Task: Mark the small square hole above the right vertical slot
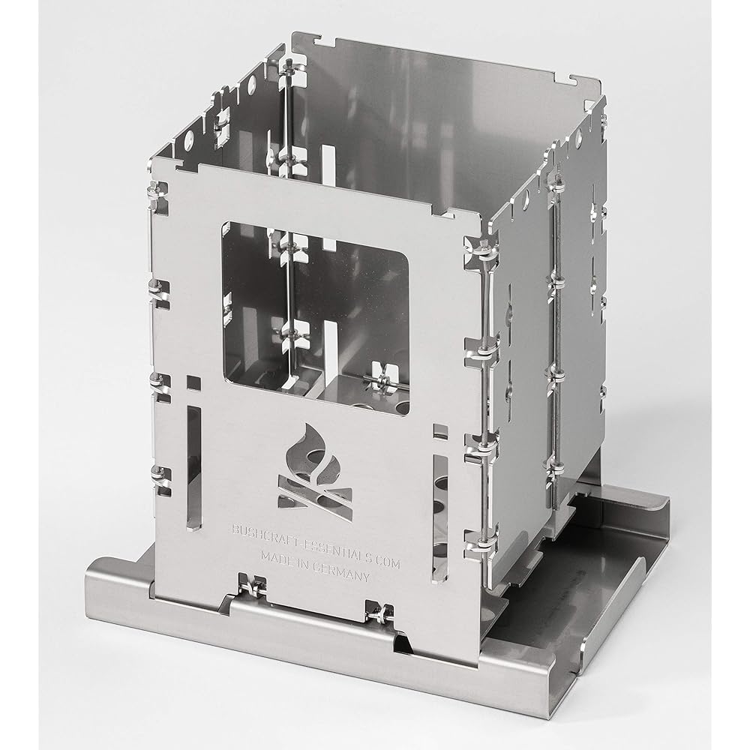(440, 431)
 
